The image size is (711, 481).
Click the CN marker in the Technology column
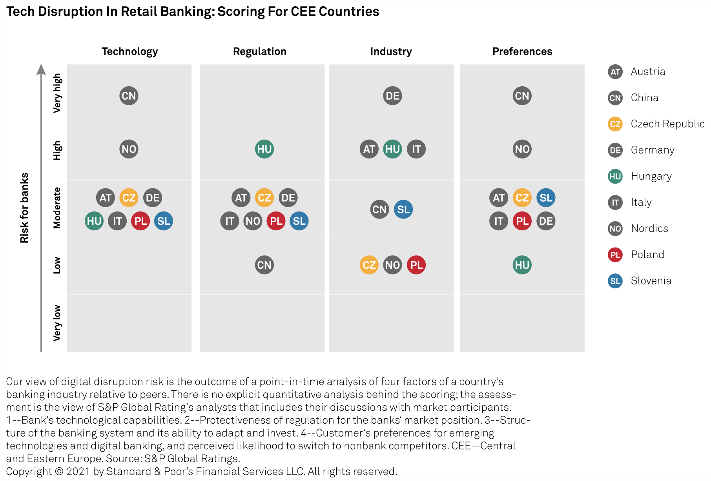coord(129,96)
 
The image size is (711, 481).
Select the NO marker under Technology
coord(129,149)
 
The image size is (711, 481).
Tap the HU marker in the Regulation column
coord(264,149)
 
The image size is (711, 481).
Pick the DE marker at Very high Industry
coord(392,96)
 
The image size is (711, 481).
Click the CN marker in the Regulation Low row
coord(264,265)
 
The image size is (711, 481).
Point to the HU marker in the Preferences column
coord(522,265)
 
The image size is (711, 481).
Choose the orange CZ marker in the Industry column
coord(369,265)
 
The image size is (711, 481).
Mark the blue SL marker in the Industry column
coord(403,210)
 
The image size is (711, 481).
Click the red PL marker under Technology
coord(140,221)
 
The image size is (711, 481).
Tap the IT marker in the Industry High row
coord(416,149)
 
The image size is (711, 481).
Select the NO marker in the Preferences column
coord(522,149)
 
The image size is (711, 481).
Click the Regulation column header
coord(259,51)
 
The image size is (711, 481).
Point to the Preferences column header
coord(522,51)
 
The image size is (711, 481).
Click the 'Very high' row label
coord(57,93)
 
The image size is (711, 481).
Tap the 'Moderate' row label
coord(57,208)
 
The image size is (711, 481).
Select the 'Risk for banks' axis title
coord(24,208)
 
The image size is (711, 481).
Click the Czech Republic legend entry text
coord(667,124)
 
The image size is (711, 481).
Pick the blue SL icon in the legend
coord(615,281)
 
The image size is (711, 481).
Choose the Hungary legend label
coord(651,176)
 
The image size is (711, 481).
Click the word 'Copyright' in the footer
coord(29,471)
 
